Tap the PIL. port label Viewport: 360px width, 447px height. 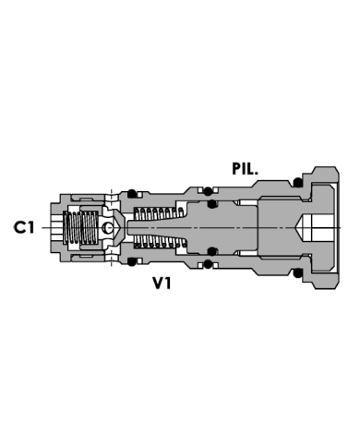tap(249, 168)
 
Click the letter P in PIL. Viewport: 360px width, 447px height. tap(237, 168)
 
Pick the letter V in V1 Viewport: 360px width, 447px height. tap(159, 285)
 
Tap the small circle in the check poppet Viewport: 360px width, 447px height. tap(107, 227)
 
